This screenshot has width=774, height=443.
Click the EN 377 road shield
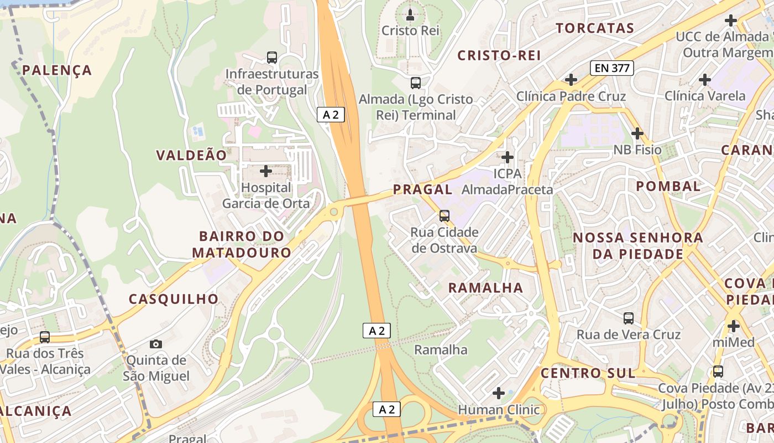611,68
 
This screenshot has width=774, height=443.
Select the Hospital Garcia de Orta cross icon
266,171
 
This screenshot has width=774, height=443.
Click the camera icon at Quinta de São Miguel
156,344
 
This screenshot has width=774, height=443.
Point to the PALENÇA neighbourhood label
57,70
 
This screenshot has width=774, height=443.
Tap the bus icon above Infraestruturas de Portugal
271,57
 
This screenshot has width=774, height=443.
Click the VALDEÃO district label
191,155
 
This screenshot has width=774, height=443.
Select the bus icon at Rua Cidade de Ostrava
444,215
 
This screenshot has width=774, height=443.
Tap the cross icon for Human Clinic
499,393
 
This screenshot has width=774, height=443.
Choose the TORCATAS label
594,28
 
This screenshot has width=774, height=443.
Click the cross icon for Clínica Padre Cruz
571,80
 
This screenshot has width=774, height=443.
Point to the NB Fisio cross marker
637,133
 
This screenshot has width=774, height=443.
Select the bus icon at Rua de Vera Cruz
629,318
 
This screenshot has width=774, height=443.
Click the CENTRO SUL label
588,373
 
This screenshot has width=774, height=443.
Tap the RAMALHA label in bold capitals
485,287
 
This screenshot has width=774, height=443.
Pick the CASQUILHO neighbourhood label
174,299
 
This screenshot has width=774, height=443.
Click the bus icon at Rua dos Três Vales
45,337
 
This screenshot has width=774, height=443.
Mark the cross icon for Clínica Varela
704,80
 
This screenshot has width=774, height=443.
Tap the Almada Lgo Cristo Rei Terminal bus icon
416,83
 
